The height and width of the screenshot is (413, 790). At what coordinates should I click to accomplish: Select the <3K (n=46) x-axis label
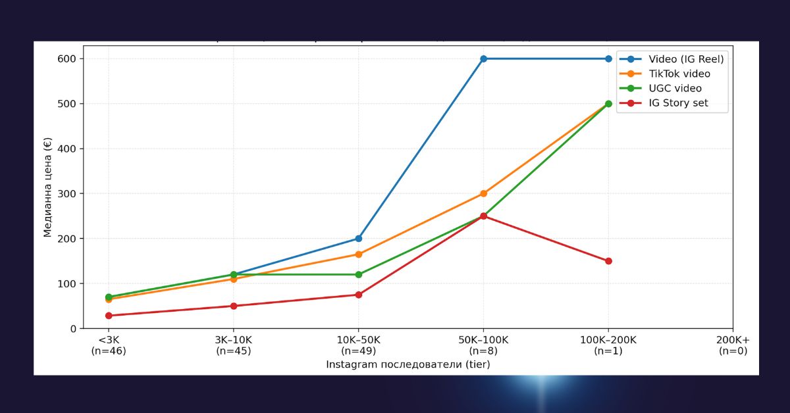pos(109,345)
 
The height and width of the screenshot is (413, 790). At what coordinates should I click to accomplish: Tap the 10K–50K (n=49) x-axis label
pos(358,345)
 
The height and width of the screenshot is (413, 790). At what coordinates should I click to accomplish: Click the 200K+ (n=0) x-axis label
pos(733,345)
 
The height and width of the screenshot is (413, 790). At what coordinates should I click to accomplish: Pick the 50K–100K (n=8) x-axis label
pos(483,345)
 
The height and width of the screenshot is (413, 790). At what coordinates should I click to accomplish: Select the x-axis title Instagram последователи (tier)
pos(408,364)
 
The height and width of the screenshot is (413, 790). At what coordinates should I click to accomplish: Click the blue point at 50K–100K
pos(483,59)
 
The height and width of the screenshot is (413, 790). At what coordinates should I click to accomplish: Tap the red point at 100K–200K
pos(608,261)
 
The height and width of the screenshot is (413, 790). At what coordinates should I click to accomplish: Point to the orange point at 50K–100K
pos(483,193)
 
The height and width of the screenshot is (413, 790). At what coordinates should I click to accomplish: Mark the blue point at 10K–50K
pos(358,238)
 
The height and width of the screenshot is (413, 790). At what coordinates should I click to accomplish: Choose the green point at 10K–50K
pos(358,274)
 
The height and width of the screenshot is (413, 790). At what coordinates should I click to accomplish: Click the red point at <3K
pos(109,316)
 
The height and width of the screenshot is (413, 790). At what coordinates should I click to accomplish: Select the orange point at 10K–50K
pos(358,254)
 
